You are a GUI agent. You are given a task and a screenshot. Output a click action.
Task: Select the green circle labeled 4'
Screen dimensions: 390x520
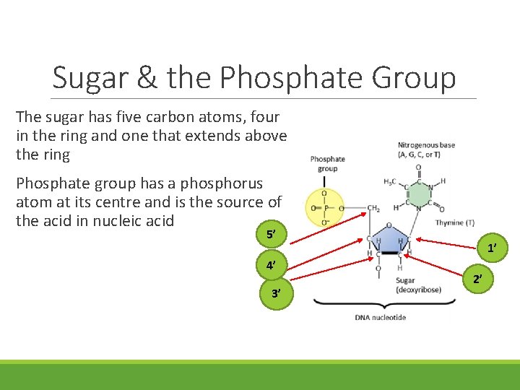pyautogui.click(x=271, y=265)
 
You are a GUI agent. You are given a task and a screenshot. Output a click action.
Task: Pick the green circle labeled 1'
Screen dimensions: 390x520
pyautogui.click(x=491, y=248)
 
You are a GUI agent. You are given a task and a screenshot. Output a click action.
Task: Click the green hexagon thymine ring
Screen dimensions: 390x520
pyautogui.click(x=417, y=190)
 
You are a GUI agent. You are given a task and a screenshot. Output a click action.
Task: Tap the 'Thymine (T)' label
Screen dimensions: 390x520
pyautogui.click(x=454, y=222)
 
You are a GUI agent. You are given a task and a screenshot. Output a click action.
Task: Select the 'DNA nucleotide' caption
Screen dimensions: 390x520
pyautogui.click(x=380, y=317)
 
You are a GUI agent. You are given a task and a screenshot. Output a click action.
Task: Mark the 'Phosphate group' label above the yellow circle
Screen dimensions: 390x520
pyautogui.click(x=327, y=163)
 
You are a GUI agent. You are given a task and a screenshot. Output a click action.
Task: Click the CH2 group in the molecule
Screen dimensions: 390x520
pyautogui.click(x=374, y=209)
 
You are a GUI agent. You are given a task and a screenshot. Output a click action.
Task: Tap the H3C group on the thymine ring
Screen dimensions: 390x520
pyautogui.click(x=390, y=181)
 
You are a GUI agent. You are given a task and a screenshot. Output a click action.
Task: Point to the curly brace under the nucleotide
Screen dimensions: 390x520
pyautogui.click(x=380, y=303)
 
